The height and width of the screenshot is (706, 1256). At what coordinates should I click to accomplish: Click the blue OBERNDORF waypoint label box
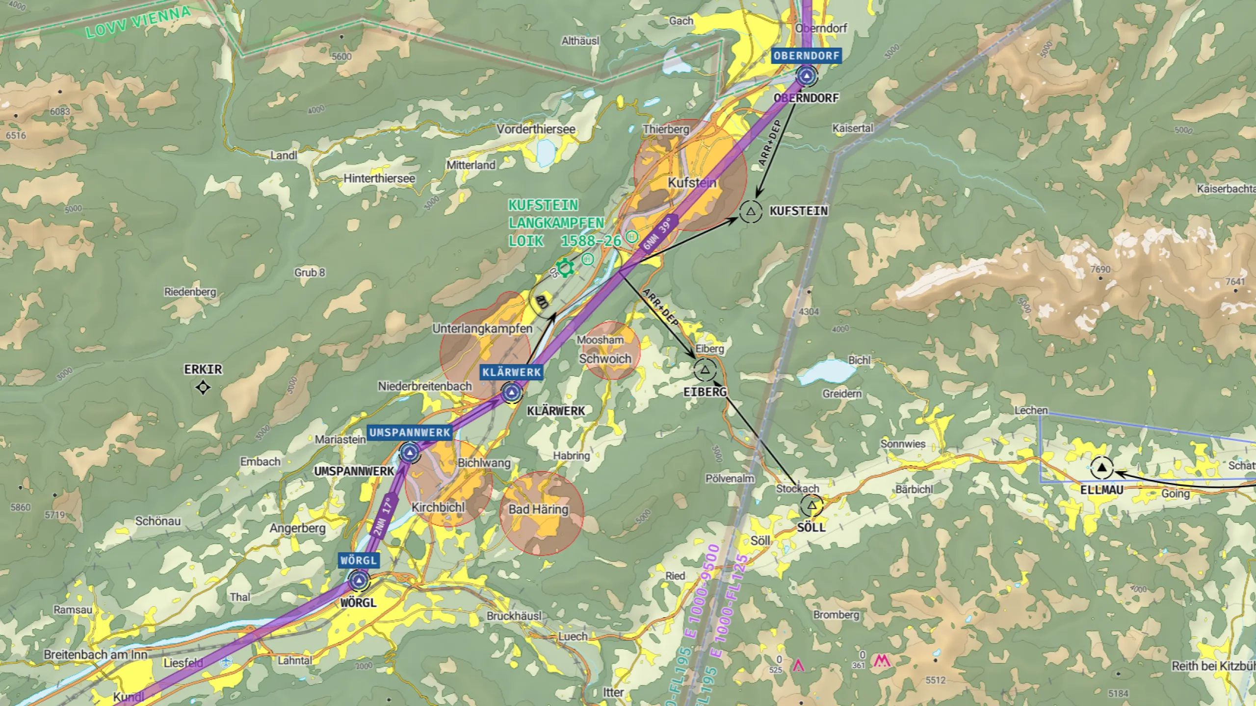pos(807,56)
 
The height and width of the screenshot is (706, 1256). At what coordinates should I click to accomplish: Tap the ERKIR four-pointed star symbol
pos(203,388)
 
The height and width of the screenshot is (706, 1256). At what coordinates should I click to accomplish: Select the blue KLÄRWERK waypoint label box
pos(511,372)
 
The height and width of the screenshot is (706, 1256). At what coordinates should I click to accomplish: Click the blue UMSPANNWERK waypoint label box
pos(410,432)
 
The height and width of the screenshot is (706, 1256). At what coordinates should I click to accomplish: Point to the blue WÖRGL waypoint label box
pos(359,560)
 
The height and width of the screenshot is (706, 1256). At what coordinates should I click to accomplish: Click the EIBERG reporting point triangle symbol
pos(705,370)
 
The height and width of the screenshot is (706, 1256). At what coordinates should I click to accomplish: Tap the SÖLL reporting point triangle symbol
pos(811,505)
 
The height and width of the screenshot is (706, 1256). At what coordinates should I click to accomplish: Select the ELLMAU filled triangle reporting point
pos(1102,467)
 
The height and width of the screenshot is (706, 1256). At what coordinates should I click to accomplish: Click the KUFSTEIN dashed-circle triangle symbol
pos(751,212)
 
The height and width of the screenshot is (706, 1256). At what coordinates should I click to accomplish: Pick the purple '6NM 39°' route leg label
pos(658,234)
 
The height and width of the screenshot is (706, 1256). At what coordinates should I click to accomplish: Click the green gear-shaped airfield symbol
pos(565,268)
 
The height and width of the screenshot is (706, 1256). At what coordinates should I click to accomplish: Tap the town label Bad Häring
pos(538,509)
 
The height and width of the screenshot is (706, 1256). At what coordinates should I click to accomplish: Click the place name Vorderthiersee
pos(536,129)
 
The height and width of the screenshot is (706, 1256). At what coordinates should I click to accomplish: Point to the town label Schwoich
pos(605,359)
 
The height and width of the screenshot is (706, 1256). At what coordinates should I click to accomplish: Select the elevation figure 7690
pos(1100,269)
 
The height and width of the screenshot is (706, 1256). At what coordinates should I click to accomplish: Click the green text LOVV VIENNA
pos(138,23)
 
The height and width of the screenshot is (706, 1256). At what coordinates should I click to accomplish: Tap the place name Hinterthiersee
pos(379,178)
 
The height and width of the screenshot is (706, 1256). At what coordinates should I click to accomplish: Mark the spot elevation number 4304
pos(809,311)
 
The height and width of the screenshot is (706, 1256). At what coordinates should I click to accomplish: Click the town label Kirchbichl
pos(438,507)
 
